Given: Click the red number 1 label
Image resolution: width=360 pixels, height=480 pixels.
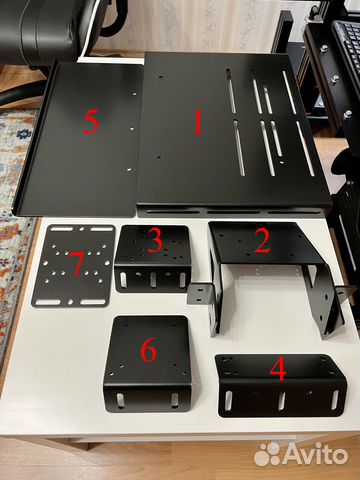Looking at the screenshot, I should [x=197, y=123].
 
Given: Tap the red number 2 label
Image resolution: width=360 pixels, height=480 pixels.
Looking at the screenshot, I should [x=263, y=240].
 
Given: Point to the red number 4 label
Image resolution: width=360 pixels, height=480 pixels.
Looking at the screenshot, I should [x=278, y=371].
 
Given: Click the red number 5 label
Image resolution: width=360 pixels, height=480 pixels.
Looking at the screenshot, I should [x=91, y=123].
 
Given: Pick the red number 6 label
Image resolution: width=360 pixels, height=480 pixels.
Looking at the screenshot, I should [x=148, y=350].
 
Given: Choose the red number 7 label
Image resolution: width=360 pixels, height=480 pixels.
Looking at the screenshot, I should [x=75, y=265].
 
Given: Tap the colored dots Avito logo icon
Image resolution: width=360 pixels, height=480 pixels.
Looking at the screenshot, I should [x=267, y=454].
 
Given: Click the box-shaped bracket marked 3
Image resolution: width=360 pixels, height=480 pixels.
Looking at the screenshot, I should [x=155, y=265].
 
